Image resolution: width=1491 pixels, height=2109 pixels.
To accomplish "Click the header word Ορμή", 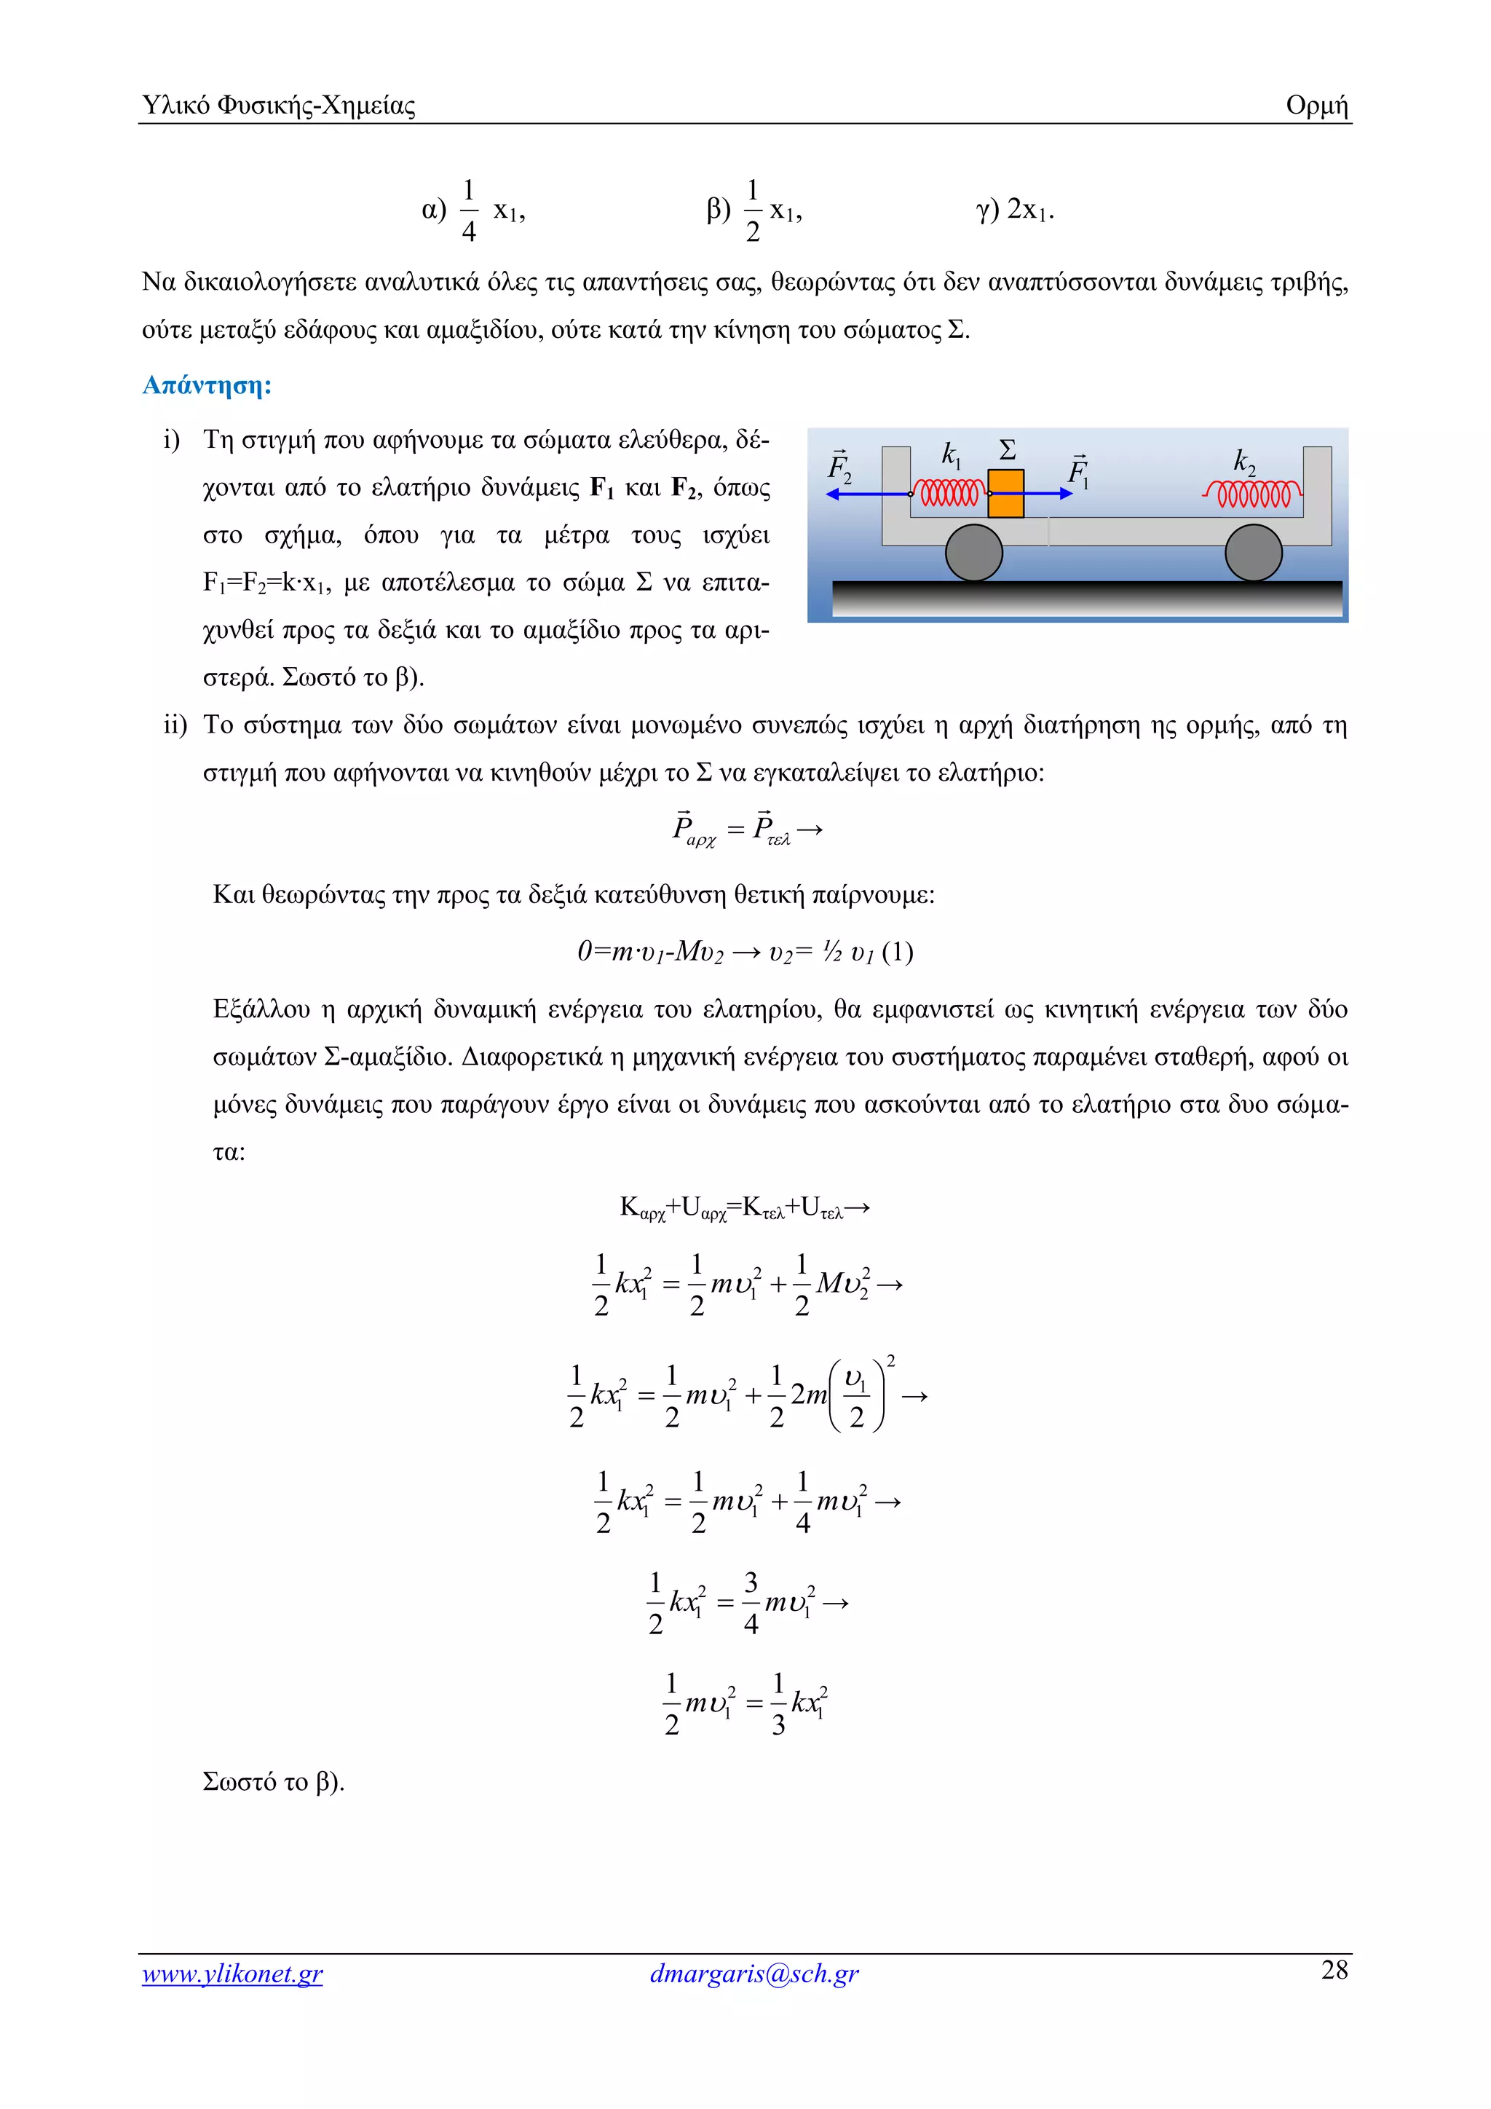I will pos(1316,106).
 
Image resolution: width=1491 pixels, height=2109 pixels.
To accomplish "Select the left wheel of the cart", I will pos(974,553).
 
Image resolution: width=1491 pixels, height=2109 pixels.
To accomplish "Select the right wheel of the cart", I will pos(1253,553).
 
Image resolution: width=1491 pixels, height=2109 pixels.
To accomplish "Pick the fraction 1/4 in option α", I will pos(468,210).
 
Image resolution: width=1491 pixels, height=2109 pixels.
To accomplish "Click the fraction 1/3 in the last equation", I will pos(778,1704).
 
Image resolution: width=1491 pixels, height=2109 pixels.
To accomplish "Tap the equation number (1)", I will pos(897,952).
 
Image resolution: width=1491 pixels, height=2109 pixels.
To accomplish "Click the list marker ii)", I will pos(175,725).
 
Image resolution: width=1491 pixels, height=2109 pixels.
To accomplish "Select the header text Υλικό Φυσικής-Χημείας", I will pos(279,106).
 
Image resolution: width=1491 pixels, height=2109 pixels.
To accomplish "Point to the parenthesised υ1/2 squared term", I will pos(858,1397).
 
